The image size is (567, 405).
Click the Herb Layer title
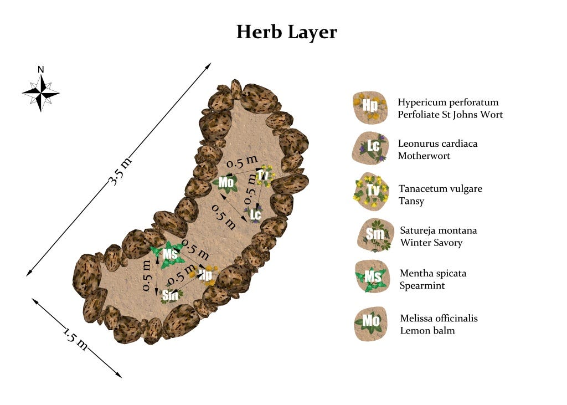pos(286,32)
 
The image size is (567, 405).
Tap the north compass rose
pos(40,92)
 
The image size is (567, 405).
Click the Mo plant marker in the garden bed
pos(226,182)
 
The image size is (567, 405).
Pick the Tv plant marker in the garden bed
pos(262,175)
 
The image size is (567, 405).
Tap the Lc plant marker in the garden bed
pos(255,214)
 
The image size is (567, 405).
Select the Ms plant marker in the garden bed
pos(170,254)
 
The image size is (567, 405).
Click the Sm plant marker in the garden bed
pos(169,295)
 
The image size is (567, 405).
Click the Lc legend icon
pos(369,148)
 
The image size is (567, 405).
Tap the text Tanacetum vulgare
pos(440,189)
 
